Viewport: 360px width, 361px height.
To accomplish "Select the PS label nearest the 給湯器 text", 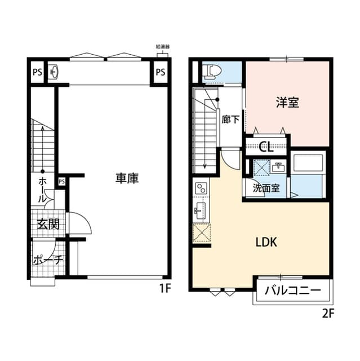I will [161, 72].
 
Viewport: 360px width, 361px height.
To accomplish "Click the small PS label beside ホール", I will [61, 181].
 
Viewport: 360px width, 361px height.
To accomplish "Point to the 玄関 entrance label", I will [48, 223].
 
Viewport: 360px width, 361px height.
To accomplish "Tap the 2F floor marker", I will [328, 314].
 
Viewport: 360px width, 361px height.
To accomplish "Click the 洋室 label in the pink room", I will [287, 103].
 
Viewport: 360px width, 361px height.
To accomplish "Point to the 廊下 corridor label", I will [230, 120].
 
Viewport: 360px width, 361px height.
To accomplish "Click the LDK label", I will [265, 243].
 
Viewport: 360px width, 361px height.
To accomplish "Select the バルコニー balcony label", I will [292, 291].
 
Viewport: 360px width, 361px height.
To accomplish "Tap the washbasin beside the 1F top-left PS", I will [54, 72].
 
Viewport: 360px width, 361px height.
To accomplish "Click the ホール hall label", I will [43, 190].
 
